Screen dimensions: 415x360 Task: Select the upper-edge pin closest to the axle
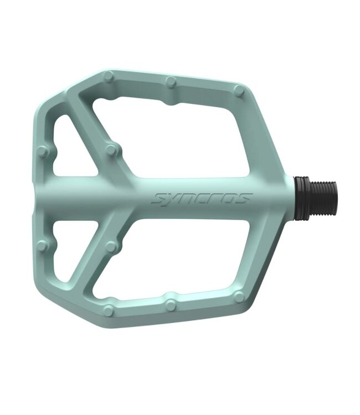(x=239, y=90)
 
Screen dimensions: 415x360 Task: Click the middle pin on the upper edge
(x=171, y=82)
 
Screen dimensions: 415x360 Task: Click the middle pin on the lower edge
(x=171, y=304)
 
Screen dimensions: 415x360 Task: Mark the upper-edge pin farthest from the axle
(x=108, y=76)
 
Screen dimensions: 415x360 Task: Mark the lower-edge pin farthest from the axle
(x=108, y=311)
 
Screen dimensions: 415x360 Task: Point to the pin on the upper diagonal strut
(x=112, y=149)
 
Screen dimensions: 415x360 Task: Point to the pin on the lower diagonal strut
(x=112, y=247)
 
